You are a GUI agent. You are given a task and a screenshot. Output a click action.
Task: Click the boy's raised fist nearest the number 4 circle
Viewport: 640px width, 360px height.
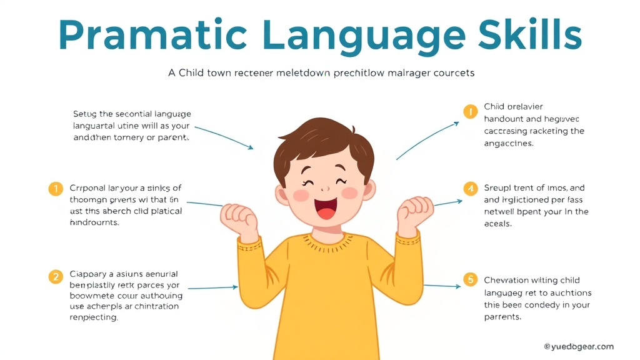click(415, 216)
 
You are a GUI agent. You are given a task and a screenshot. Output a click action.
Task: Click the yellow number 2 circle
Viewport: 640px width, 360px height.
click(56, 276)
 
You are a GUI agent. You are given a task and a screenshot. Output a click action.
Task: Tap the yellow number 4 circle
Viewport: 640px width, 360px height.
click(470, 188)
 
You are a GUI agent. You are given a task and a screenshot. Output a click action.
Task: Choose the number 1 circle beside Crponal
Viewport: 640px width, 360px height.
click(56, 188)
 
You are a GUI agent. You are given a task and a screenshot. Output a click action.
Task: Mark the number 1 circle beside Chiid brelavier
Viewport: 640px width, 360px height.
click(470, 112)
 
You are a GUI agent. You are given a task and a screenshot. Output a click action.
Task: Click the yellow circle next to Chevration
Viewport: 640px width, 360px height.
click(470, 279)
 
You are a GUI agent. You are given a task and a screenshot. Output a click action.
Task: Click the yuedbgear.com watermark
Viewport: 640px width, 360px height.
click(578, 346)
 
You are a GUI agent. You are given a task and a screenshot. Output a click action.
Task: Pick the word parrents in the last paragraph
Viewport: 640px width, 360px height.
click(502, 317)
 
